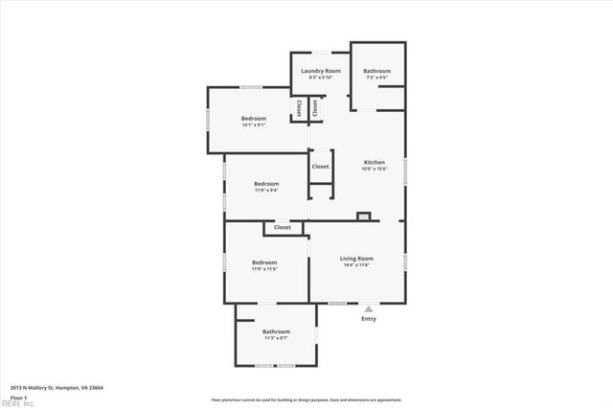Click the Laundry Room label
pyautogui.click(x=321, y=71)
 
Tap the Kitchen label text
pyautogui.click(x=374, y=163)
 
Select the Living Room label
pyautogui.click(x=356, y=259)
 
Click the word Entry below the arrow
pyautogui.click(x=369, y=319)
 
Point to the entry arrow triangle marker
pyautogui.click(x=369, y=309)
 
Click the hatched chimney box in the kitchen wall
pyautogui.click(x=363, y=216)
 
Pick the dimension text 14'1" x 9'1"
pyautogui.click(x=254, y=125)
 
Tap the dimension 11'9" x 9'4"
pyautogui.click(x=266, y=191)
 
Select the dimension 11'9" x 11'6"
pyautogui.click(x=264, y=269)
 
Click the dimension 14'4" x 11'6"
pyautogui.click(x=356, y=265)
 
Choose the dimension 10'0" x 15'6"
pyautogui.click(x=374, y=170)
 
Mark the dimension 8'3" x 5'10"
pyautogui.click(x=321, y=78)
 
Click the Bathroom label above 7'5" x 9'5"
pyautogui.click(x=376, y=71)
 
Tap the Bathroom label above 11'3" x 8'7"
pyautogui.click(x=276, y=331)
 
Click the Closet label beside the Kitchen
pyautogui.click(x=320, y=167)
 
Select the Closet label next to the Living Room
pyautogui.click(x=283, y=228)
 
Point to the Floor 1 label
pyautogui.click(x=18, y=397)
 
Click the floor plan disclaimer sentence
pyautogui.click(x=306, y=399)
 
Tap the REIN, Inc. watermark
pyautogui.click(x=17, y=403)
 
